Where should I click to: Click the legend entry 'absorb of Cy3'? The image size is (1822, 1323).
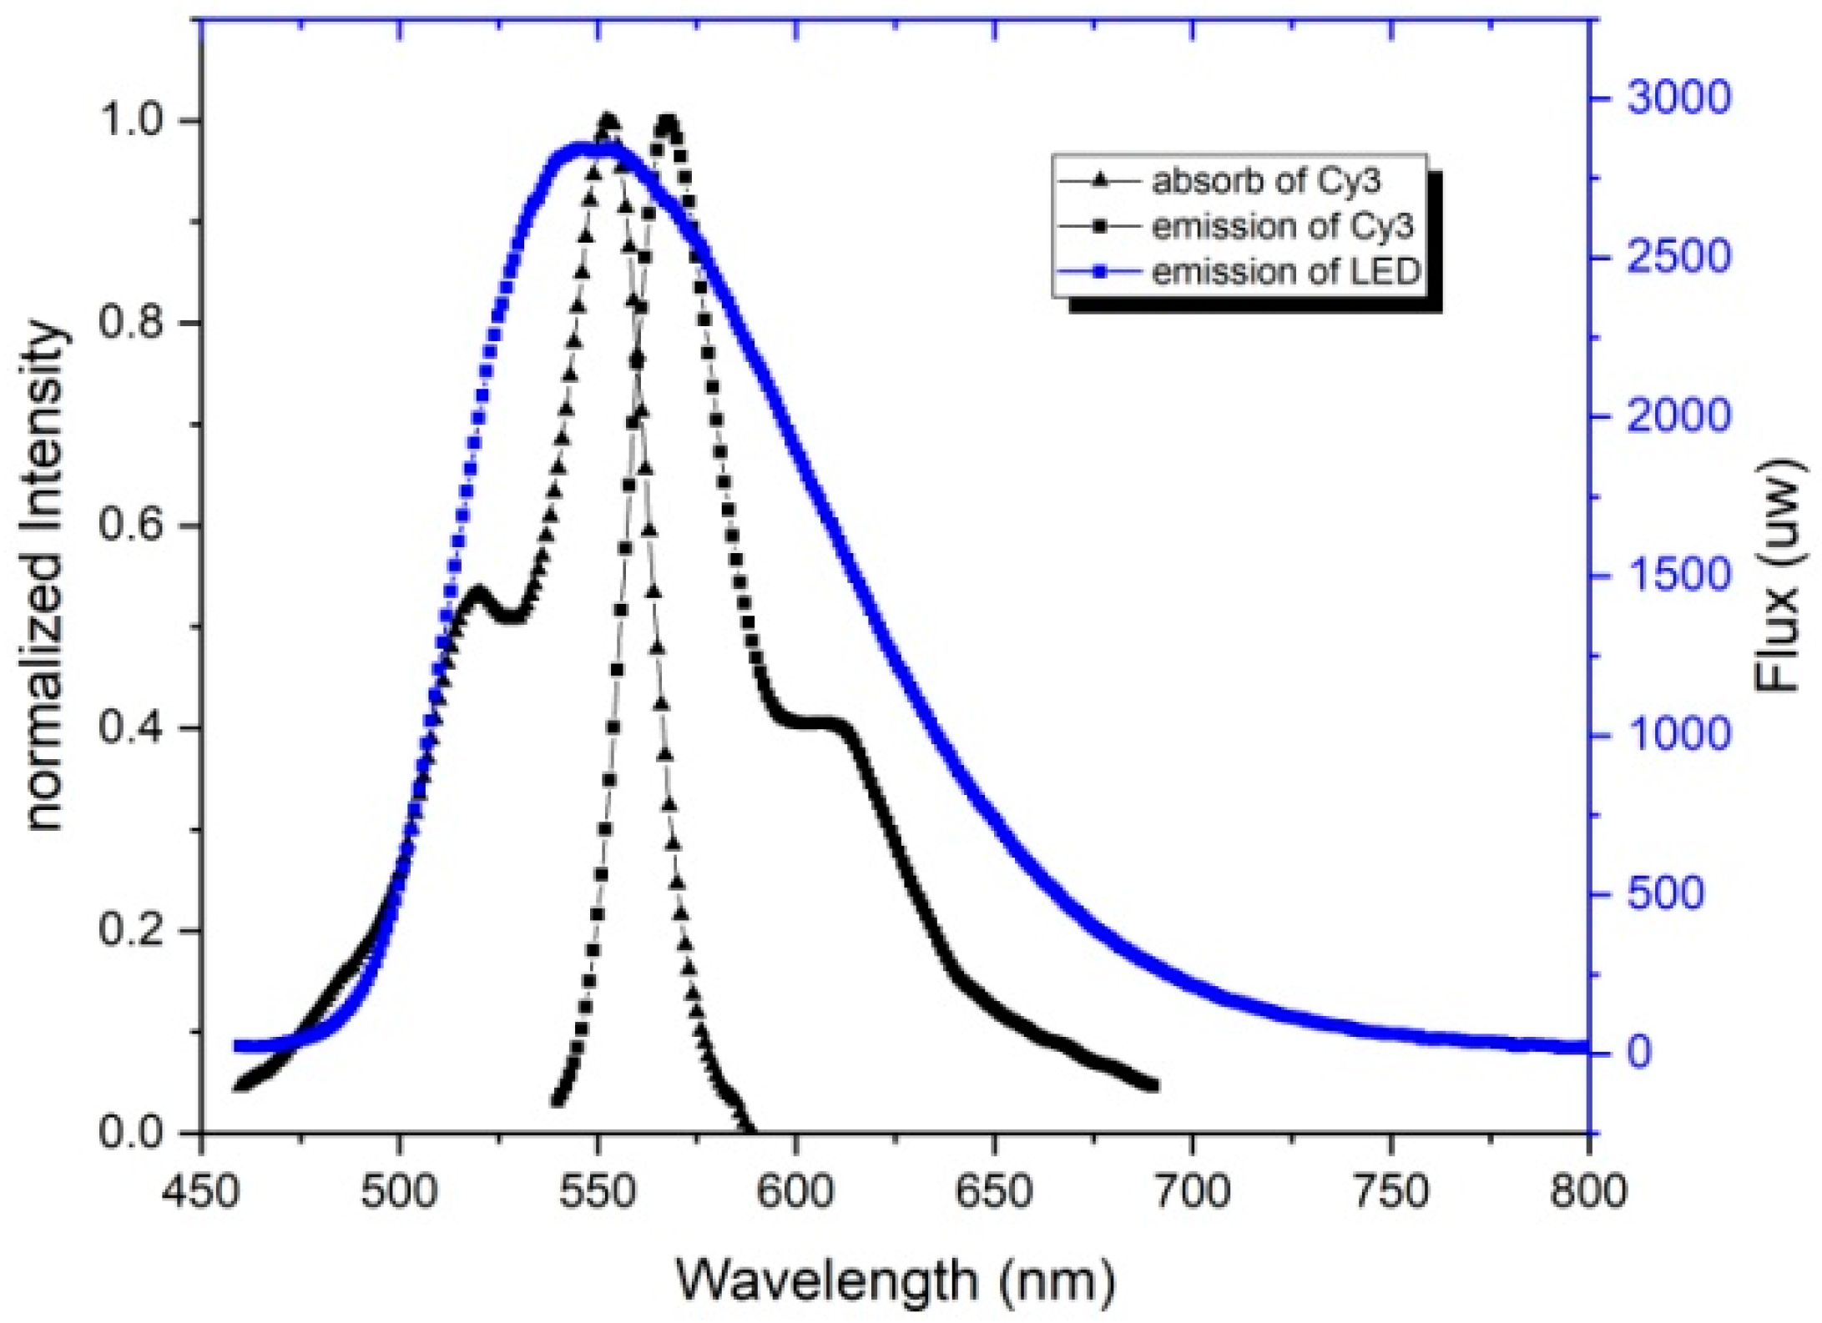[1265, 181]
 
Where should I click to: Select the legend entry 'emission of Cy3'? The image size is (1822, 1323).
[1282, 226]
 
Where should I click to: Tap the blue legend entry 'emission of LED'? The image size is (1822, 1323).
[1285, 272]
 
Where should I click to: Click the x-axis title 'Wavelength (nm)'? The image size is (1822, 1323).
[895, 1280]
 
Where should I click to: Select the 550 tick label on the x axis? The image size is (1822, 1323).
[597, 1192]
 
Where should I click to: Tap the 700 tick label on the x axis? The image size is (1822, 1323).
[1191, 1192]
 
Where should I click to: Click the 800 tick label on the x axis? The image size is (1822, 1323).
[1587, 1192]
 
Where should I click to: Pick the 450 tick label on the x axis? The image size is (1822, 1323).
[201, 1192]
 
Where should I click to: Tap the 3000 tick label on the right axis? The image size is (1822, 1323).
[1678, 98]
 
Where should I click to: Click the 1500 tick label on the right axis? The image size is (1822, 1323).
[1678, 576]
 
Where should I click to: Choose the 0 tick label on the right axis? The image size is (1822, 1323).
[1638, 1053]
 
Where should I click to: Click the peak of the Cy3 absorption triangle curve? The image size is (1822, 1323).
[608, 122]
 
